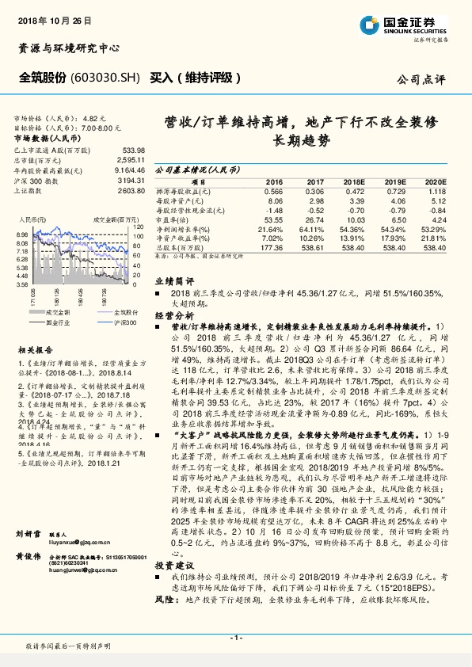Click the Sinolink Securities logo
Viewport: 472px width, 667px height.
(412, 26)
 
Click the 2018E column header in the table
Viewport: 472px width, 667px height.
(355, 181)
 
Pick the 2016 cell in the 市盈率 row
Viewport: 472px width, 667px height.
(272, 219)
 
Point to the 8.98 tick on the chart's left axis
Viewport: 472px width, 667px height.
(22, 235)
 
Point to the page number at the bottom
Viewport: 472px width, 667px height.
(235, 637)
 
